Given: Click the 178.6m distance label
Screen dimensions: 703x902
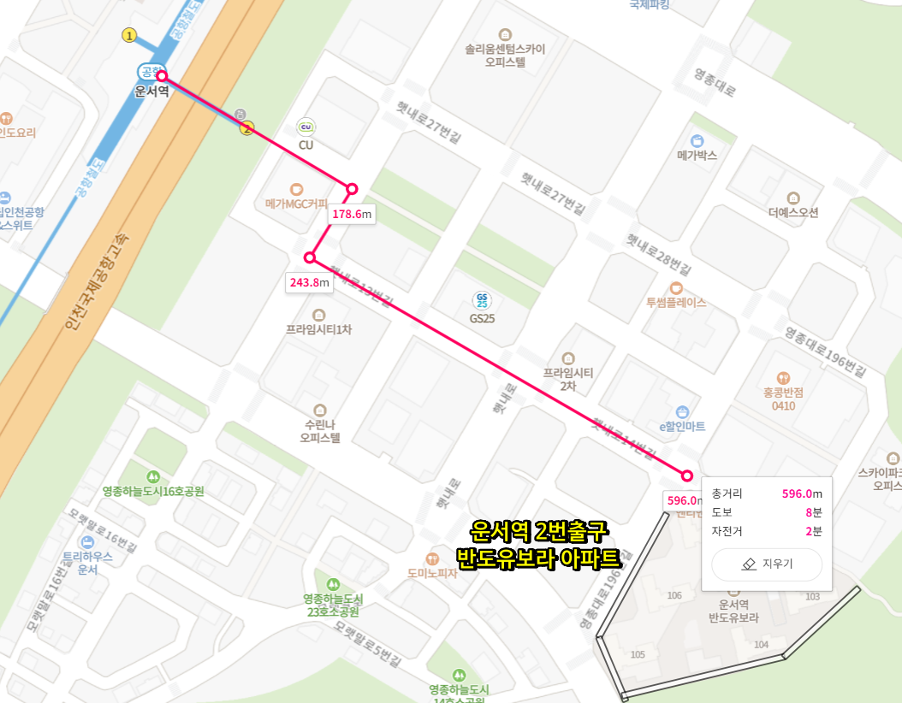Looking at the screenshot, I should (x=352, y=214).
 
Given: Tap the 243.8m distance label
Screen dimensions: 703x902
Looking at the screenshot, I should (x=308, y=282).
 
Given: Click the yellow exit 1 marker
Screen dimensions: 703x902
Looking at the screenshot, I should (x=129, y=35).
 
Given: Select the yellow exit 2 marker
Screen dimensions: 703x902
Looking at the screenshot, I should (x=247, y=128).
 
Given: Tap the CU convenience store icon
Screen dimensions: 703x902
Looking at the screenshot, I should (x=306, y=127).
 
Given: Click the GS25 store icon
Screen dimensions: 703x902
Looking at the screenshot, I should (x=482, y=300).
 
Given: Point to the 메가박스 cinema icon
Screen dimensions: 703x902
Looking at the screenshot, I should (x=697, y=140).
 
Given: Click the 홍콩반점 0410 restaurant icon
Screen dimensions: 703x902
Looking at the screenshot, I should (x=783, y=377).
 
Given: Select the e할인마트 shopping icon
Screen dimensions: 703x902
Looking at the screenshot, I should (x=681, y=411).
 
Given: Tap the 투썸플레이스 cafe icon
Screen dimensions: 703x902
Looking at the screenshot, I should (x=676, y=287).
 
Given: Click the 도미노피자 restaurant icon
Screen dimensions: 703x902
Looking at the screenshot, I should (x=431, y=558).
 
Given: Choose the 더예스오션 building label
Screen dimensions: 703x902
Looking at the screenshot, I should (x=792, y=212).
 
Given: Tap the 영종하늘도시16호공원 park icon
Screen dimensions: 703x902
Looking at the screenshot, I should (x=153, y=476).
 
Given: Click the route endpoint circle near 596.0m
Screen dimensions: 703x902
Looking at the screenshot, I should (x=687, y=476).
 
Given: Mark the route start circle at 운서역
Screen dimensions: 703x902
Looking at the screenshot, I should (x=161, y=76).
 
